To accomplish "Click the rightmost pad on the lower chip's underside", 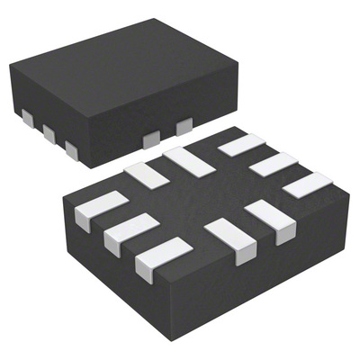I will [308, 186].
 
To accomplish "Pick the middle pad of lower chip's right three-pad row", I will [274, 165].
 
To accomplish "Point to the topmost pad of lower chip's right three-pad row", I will [241, 144].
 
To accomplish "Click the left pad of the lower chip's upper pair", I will [148, 174].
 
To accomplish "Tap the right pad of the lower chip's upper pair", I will [187, 161].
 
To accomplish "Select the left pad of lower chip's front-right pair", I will [231, 238].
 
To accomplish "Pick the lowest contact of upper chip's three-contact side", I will [72, 149].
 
